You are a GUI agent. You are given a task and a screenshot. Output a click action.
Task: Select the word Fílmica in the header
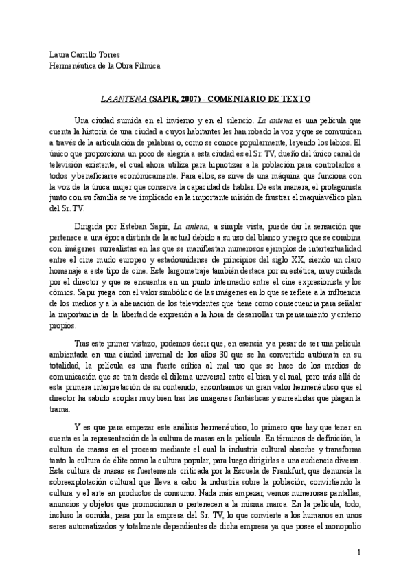(x=145, y=66)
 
